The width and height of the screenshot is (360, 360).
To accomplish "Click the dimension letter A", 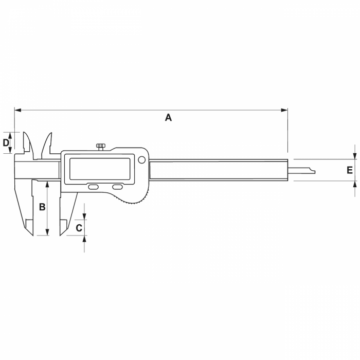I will pos(168,118).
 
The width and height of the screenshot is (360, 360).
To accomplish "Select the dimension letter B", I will pos(42,207).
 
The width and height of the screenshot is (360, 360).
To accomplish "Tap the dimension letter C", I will pos(79,227).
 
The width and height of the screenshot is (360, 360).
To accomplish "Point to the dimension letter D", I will pos(6,142).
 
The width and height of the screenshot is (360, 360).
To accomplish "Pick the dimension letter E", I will pos(350,170).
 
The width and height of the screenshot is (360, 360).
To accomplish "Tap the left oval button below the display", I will pos(94,187).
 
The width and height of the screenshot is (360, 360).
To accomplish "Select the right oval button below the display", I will pos(118,187).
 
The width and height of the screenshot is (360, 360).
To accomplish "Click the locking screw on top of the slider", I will pos(101,147).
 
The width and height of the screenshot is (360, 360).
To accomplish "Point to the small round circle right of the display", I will pos(141,160).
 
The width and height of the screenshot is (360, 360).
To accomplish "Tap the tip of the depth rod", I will pos(313,172).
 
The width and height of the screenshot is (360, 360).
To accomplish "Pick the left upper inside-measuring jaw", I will pos(28,144).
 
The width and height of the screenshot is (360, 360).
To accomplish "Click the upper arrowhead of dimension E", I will pos(355,156).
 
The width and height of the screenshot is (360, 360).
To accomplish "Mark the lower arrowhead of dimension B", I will pos(47,232).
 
